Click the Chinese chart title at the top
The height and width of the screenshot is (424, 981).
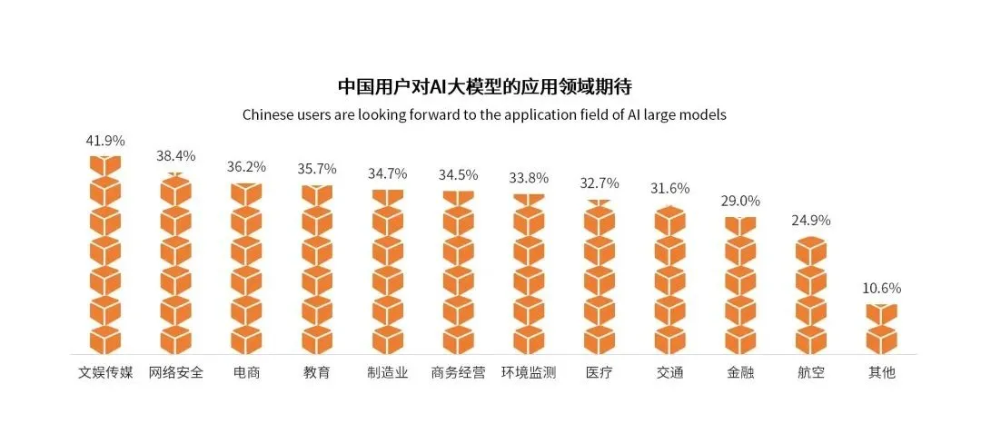point(484,87)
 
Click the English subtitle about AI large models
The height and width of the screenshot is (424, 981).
point(484,115)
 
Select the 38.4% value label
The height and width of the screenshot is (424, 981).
point(176,156)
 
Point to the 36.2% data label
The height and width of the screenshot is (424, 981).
point(246,167)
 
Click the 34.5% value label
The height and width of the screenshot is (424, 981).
point(459,174)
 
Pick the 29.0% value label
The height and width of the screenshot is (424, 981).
point(739,201)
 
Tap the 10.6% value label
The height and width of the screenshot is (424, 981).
point(881,289)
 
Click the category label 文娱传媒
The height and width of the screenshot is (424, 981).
point(105,373)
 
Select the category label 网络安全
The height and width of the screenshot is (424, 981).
point(176,373)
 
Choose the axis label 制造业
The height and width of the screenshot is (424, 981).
point(388,373)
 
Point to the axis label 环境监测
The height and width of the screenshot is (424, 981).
point(529,373)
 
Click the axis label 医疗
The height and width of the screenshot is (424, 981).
point(599,373)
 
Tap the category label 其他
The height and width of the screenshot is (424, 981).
point(881,373)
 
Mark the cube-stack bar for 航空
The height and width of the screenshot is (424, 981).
point(810,295)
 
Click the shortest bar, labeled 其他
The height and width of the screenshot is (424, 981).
point(881,329)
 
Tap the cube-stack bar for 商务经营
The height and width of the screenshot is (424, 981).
point(459,272)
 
